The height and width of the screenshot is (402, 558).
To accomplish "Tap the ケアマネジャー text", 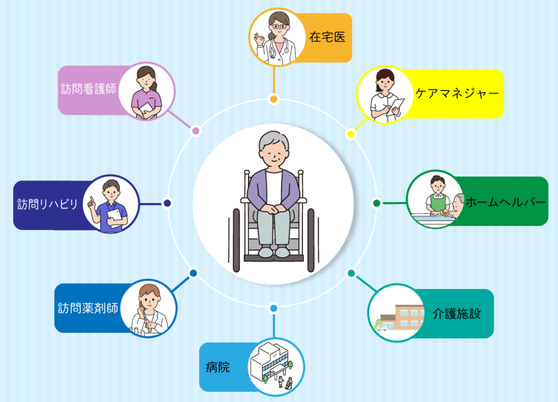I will coord(457,93).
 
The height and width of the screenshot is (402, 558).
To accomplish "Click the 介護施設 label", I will coord(456,314).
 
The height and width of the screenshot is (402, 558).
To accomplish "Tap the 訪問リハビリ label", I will coord(47,205).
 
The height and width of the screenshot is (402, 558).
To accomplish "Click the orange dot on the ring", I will coord(274,99).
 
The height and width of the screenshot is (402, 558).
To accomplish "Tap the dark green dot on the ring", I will coord(376,203).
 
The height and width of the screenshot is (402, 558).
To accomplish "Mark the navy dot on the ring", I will coord(167,203).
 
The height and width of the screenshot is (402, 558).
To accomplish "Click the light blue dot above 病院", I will coord(274,309).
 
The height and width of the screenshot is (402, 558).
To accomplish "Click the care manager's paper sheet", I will coord(396,106).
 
